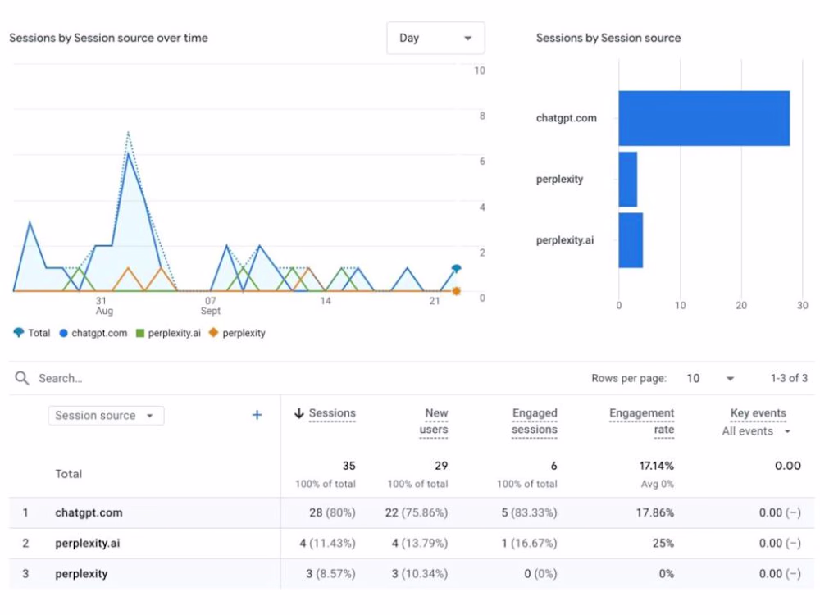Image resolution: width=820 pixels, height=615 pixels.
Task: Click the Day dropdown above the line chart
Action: tap(435, 38)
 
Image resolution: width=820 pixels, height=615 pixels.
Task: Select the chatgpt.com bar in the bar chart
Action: tap(704, 118)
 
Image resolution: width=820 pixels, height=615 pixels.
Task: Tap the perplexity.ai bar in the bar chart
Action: tap(631, 240)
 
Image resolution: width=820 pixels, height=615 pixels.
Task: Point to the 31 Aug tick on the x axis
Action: tap(102, 306)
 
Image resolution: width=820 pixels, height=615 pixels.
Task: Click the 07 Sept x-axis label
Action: tap(211, 306)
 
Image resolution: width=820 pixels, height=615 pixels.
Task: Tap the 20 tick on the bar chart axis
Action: tap(741, 305)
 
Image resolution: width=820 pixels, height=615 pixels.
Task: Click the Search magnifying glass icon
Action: tap(22, 378)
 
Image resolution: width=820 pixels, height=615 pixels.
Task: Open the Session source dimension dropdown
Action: tap(106, 416)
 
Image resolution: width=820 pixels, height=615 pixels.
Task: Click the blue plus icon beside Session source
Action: tap(257, 415)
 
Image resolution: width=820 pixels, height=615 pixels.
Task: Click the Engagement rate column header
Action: tap(642, 421)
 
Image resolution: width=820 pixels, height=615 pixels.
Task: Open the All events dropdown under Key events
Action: tap(756, 431)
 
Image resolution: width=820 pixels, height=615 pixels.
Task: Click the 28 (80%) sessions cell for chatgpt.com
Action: tap(330, 512)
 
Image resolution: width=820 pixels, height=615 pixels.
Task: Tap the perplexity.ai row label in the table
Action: tap(89, 543)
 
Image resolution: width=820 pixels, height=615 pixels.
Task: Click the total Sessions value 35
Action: tap(348, 466)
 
